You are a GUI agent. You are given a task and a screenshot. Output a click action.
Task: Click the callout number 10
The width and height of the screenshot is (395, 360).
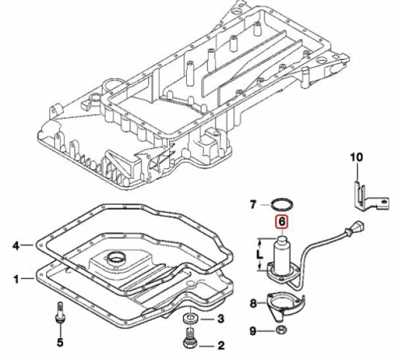click(x=355, y=157)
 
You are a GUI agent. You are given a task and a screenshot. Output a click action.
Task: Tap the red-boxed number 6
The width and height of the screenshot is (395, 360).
click(x=281, y=222)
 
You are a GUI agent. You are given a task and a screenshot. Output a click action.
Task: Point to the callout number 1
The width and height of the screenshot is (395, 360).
click(x=16, y=278)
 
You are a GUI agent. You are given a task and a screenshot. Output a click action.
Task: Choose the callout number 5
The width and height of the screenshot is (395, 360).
click(x=60, y=342)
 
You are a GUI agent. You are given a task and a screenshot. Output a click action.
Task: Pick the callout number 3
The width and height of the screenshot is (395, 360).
click(x=222, y=320)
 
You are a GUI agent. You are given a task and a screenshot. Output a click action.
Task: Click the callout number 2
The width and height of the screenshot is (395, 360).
click(x=222, y=344)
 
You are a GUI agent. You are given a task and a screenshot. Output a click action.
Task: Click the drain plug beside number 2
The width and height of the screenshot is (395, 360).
click(x=189, y=344)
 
